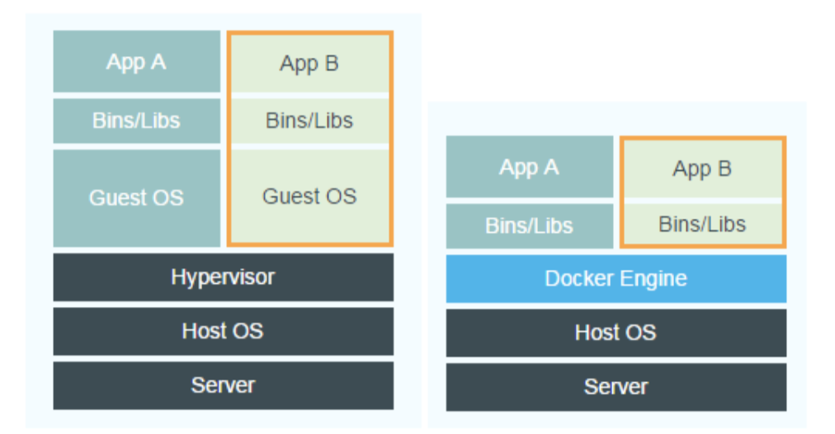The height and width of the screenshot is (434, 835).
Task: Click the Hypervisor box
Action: point(223,277)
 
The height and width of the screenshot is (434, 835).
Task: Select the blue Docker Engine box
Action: point(616,279)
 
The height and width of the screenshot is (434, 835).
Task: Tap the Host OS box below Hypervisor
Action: point(223,331)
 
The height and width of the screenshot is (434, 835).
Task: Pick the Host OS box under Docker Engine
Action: point(616,333)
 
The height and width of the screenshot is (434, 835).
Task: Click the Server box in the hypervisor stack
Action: point(223,385)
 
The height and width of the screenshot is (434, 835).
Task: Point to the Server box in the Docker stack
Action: point(616,387)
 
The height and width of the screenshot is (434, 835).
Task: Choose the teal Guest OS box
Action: point(136,198)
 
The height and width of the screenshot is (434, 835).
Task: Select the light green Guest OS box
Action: point(310,196)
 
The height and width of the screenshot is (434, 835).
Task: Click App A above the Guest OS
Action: point(136,61)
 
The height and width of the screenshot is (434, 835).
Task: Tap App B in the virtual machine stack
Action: point(310,64)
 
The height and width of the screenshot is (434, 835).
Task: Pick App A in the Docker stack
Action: point(530,167)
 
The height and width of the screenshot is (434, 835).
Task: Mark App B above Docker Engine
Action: point(703,169)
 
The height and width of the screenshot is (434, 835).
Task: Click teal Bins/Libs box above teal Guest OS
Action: point(136,121)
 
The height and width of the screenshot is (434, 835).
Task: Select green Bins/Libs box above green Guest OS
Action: point(310,121)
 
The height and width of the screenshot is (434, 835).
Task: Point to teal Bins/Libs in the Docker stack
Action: point(530,226)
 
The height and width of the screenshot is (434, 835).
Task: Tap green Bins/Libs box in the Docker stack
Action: point(703,224)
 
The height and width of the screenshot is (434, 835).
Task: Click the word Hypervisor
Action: point(223,277)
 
